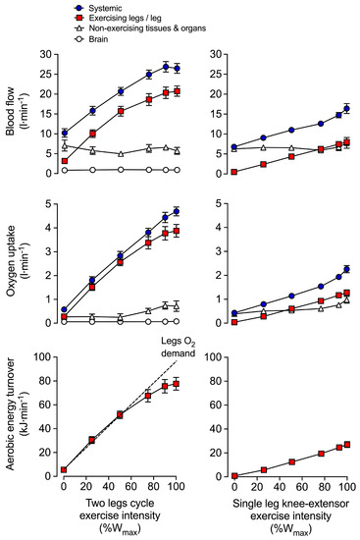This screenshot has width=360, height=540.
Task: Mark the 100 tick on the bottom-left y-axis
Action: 45,355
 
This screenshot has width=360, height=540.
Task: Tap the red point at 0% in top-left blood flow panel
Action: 64,160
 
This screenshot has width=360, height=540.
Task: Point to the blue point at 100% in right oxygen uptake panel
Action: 346,269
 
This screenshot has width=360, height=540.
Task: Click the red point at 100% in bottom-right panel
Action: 346,444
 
